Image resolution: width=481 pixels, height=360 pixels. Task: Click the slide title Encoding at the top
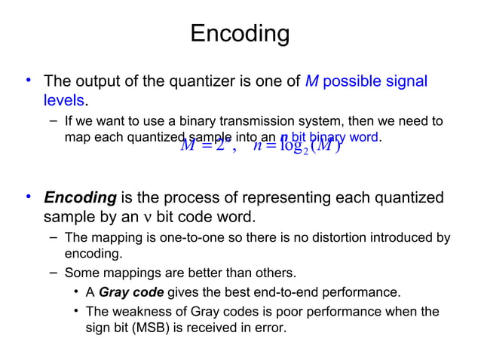240,34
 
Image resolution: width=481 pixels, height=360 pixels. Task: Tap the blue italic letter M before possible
311,81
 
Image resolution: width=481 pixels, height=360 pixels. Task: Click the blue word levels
64,100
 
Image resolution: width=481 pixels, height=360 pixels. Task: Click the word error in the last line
271,329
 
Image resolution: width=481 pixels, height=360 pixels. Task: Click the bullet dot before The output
28,80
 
